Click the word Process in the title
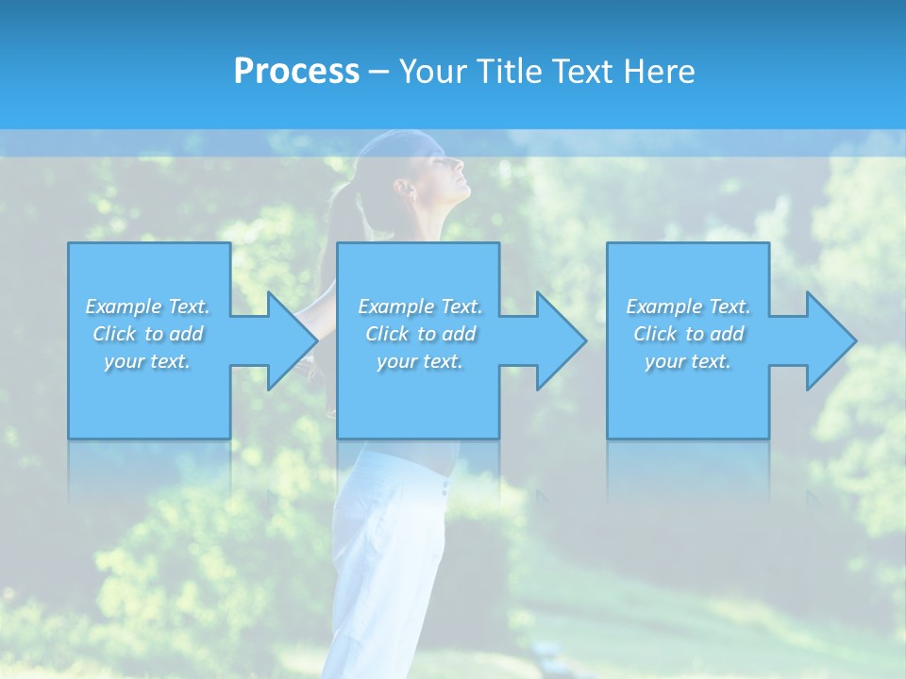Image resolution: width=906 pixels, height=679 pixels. [296, 72]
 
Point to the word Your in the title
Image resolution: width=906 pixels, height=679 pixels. [433, 72]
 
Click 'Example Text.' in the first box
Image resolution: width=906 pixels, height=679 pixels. [147, 306]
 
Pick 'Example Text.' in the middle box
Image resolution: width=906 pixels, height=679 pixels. [420, 306]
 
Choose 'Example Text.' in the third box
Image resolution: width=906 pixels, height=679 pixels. [688, 306]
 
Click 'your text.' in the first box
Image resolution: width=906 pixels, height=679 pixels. [147, 361]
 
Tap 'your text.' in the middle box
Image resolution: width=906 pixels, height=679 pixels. [420, 361]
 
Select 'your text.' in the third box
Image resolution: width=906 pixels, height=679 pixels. [688, 361]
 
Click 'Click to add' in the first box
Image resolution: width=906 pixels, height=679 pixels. [147, 334]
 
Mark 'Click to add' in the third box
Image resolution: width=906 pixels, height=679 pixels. [688, 334]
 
